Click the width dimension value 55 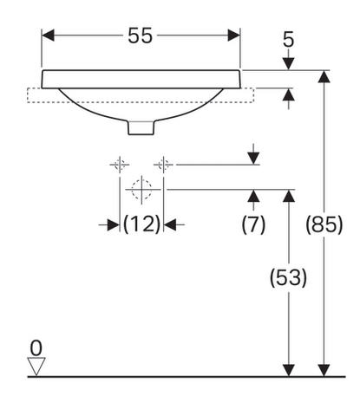tap(140, 36)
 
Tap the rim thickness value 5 tap(288, 39)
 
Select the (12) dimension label tap(141, 224)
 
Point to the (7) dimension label tap(253, 224)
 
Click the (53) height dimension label tap(288, 277)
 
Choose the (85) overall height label tap(324, 224)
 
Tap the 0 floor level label tap(36, 348)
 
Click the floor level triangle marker tap(36, 367)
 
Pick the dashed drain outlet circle tap(141, 190)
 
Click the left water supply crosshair tap(120, 165)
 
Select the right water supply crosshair tap(164, 165)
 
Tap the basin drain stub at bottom tap(141, 127)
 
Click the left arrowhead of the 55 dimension tap(48, 36)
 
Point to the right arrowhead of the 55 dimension tap(234, 36)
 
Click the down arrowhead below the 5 tap(288, 64)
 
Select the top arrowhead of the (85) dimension tap(324, 76)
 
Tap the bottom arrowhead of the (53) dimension tap(289, 371)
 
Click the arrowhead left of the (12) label tap(114, 224)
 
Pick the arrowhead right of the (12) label tap(170, 224)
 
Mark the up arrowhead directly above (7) tap(253, 196)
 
